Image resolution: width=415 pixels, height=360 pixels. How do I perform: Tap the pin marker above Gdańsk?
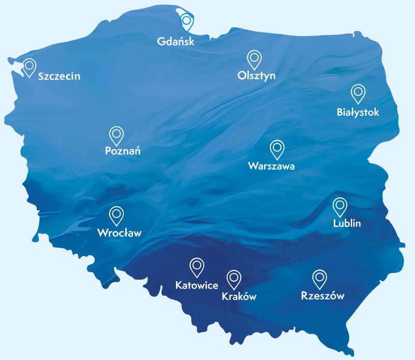coord(186,22)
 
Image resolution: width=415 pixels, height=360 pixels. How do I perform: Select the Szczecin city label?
coord(59,77)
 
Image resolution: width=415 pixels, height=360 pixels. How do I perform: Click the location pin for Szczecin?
coord(29,66)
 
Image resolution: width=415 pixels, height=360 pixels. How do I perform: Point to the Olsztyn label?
coord(256,76)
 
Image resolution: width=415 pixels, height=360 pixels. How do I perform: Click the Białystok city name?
coord(358,112)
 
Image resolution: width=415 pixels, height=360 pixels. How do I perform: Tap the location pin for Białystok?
coord(358,93)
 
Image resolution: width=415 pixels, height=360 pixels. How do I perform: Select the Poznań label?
coord(123,152)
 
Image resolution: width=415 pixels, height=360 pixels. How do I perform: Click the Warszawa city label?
coord(271,166)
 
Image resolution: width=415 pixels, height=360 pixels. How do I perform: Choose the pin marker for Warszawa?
coord(277,148)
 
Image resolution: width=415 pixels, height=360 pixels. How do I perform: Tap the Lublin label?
coord(347,223)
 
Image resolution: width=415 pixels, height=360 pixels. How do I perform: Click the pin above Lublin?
coord(340,206)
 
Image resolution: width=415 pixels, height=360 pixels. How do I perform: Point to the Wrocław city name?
coord(119,233)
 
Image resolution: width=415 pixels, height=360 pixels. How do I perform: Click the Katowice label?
coord(197,284)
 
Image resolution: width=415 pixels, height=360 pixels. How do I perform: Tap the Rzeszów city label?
coord(322,296)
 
